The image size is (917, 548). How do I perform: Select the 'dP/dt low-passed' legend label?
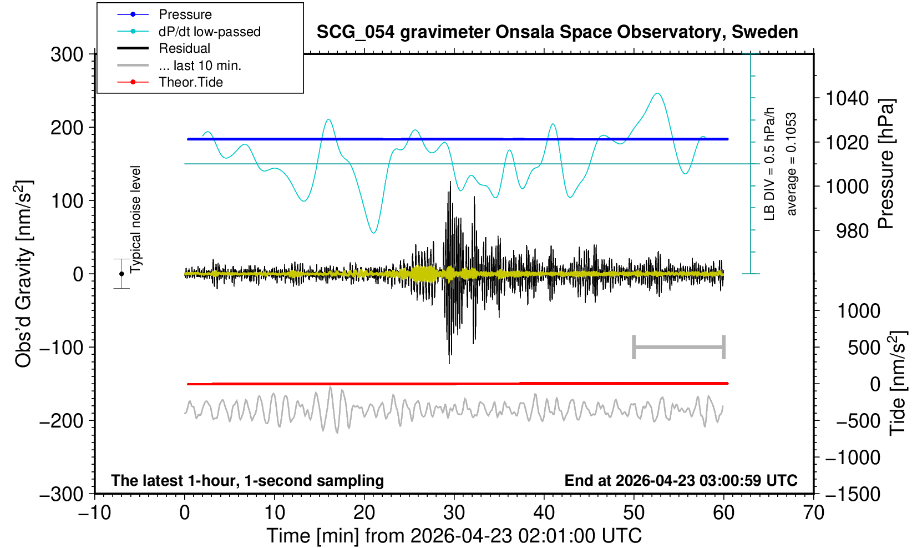[210, 32]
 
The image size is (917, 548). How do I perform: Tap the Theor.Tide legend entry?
[191, 82]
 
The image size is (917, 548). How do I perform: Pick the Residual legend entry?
[184, 48]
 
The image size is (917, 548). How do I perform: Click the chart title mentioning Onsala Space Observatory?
[557, 32]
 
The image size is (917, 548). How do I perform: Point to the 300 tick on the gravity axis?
[67, 54]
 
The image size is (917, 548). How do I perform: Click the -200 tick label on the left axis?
[62, 421]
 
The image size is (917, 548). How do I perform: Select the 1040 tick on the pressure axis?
[847, 98]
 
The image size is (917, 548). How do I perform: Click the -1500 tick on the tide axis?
[853, 494]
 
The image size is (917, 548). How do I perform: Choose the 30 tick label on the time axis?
[454, 513]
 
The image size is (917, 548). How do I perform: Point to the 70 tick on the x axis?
[813, 513]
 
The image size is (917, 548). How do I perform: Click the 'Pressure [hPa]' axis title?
[886, 164]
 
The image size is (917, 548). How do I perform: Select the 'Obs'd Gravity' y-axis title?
[24, 274]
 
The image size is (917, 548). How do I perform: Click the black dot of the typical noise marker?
[121, 274]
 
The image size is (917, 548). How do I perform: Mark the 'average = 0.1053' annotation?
[791, 164]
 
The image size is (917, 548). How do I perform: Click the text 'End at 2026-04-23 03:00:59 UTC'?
[681, 480]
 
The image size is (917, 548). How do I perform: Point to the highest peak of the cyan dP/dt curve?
[657, 93]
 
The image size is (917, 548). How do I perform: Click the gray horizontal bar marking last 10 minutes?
[679, 347]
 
